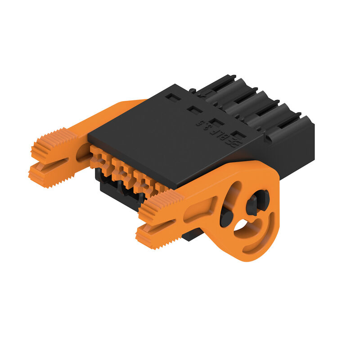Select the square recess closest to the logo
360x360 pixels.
tap(239, 135)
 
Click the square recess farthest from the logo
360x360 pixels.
tap(171, 96)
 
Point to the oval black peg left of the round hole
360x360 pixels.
tap(226, 219)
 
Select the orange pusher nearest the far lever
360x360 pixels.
tap(99, 157)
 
